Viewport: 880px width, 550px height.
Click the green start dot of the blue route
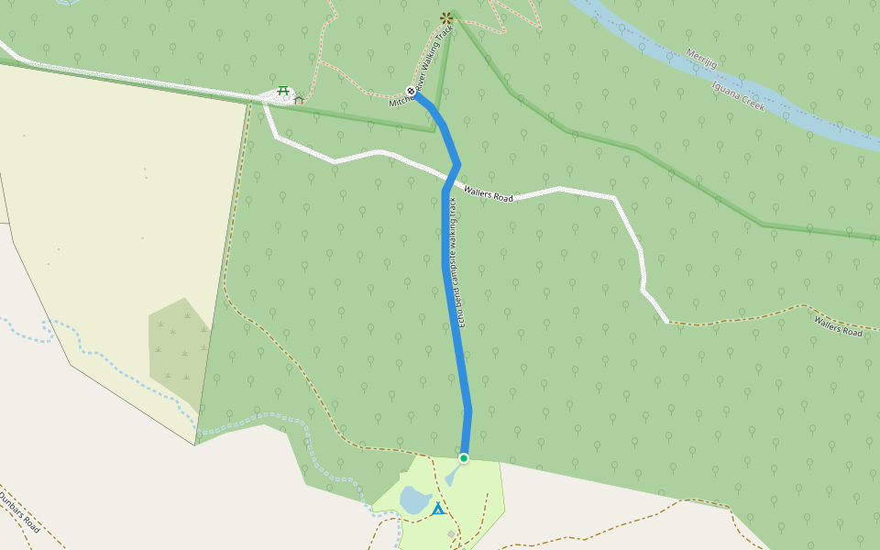464,458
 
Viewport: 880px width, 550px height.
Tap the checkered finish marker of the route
411,91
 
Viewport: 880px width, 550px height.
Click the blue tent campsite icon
438,508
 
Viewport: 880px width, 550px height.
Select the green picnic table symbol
283,90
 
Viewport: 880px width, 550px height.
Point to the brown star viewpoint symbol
446,17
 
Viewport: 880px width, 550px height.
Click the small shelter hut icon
299,99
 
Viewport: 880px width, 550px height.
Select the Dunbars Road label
18,512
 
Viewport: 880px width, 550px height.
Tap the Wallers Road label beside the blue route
489,193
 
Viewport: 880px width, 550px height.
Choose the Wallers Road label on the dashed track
838,325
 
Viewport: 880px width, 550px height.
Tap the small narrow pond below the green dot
453,477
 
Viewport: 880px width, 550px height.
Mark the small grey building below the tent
451,533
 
